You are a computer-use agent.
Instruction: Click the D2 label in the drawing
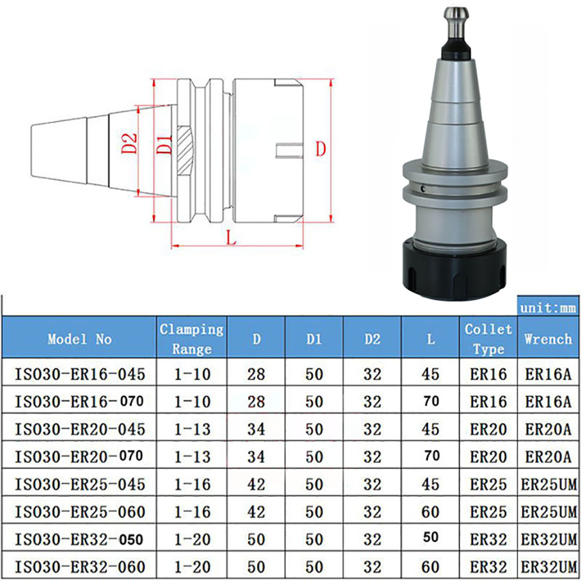click(x=129, y=146)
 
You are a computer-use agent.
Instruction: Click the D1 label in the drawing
click(x=163, y=146)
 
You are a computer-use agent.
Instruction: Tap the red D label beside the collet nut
click(x=318, y=149)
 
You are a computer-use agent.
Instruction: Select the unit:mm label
click(x=548, y=308)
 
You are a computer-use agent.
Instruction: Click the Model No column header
click(x=79, y=338)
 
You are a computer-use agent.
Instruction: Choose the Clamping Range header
click(x=191, y=338)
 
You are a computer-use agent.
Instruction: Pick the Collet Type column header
click(x=488, y=338)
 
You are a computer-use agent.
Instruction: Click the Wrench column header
click(x=548, y=338)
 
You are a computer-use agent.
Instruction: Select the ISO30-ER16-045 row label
click(x=79, y=374)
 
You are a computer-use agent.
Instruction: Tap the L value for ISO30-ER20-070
click(x=431, y=456)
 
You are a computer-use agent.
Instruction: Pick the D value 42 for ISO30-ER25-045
click(x=256, y=483)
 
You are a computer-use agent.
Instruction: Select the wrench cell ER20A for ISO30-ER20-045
click(x=548, y=429)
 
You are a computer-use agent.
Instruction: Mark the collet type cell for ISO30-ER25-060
click(x=488, y=511)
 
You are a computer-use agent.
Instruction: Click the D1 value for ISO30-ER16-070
click(x=314, y=402)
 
